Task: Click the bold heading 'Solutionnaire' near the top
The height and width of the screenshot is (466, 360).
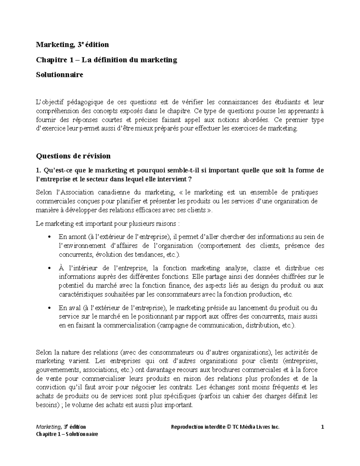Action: click(59, 75)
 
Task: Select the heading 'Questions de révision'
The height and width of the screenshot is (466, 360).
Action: click(73, 156)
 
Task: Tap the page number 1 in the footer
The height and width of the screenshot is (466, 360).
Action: click(322, 427)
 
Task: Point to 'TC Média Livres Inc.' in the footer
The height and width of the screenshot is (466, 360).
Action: click(256, 427)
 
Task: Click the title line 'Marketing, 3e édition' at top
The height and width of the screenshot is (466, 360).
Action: click(72, 45)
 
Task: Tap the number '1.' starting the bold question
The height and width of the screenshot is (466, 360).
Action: click(38, 171)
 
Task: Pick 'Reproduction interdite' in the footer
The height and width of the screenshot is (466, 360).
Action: click(197, 427)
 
